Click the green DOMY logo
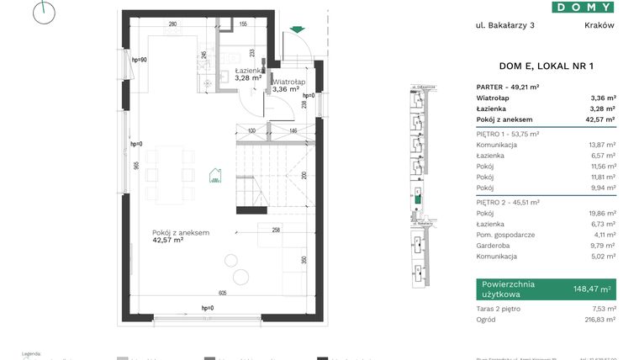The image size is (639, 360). coord(583,7)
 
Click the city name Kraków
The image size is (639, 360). coord(599,25)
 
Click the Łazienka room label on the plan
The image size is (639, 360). coord(248,71)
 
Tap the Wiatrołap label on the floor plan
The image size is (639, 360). coord(288,82)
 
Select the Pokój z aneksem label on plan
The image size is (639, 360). coord(180,232)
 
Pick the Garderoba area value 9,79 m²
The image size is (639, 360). coord(602,246)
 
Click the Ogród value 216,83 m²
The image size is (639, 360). coord(599,319)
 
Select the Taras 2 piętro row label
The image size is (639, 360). coord(499,309)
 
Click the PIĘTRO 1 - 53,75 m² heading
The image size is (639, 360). coord(507,134)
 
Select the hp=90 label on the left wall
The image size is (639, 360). coord(140,60)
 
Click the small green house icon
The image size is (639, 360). coord(215,175)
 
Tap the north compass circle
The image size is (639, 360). coord(45,11)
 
